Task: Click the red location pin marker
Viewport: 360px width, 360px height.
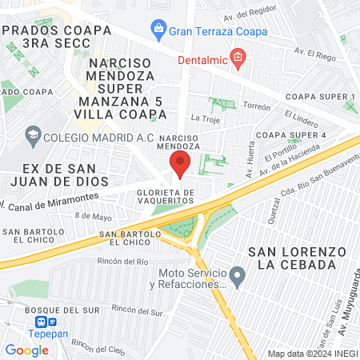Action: pyautogui.click(x=179, y=165)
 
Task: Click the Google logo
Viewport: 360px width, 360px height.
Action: pyautogui.click(x=26, y=350)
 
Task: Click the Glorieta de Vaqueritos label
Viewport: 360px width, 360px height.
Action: pyautogui.click(x=166, y=198)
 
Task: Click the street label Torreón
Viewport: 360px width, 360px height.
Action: pyautogui.click(x=258, y=106)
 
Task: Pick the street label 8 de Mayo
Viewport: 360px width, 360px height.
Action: pyautogui.click(x=93, y=216)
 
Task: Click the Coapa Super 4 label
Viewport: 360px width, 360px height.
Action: pyautogui.click(x=290, y=134)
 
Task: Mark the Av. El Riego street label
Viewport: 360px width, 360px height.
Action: pyautogui.click(x=316, y=53)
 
